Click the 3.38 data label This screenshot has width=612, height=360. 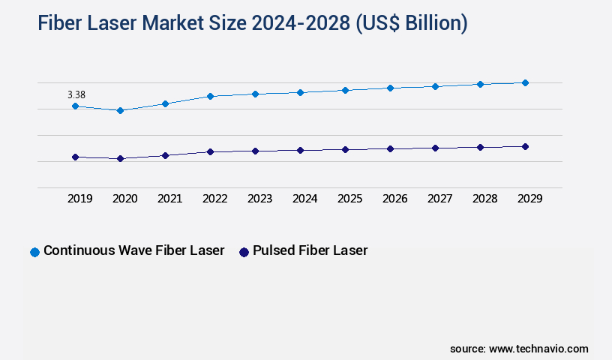[x=76, y=94]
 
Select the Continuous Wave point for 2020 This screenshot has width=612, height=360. [x=120, y=110]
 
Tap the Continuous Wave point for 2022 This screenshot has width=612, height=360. [x=210, y=96]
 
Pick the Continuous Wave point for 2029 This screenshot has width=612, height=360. [x=525, y=82]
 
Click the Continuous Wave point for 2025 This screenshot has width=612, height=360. [x=345, y=90]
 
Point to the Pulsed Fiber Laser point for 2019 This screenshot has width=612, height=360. [x=75, y=157]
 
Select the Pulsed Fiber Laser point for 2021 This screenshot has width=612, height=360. [x=165, y=155]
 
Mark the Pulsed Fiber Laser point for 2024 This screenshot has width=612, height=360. [x=300, y=150]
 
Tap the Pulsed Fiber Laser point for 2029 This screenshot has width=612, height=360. [x=525, y=146]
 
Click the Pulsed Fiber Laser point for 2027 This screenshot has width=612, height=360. [x=435, y=148]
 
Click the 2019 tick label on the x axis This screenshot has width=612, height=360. [x=80, y=199]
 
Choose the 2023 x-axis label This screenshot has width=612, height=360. [x=260, y=199]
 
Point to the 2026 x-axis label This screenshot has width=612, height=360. [x=395, y=199]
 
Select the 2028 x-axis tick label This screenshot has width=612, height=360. [x=485, y=199]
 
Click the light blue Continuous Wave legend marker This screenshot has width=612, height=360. [x=34, y=252]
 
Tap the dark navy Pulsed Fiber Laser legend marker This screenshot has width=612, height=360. [x=244, y=252]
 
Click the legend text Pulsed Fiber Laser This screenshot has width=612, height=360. [x=310, y=250]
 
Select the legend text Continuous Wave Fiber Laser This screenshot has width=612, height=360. [x=134, y=250]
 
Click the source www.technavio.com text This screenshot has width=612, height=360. [x=519, y=349]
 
